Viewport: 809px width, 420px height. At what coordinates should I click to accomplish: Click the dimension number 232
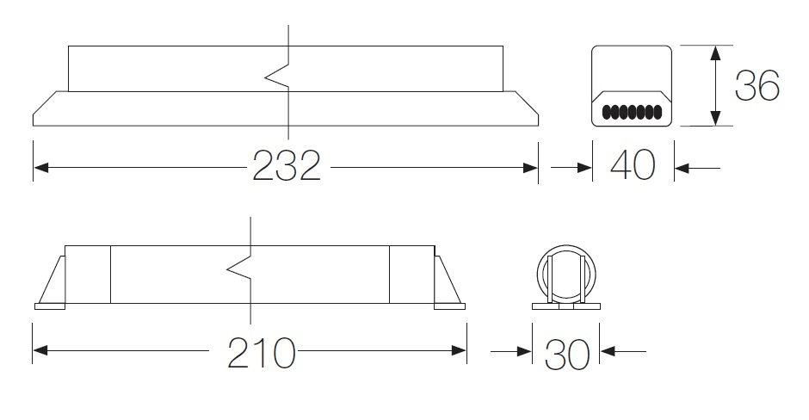[287, 165]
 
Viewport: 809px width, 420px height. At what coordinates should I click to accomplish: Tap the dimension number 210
[262, 353]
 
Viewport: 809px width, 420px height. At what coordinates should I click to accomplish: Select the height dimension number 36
[757, 86]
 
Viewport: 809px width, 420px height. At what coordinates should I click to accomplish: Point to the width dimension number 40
[633, 165]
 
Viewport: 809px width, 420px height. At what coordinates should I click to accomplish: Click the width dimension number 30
[567, 355]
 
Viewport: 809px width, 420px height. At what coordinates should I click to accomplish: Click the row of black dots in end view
[632, 111]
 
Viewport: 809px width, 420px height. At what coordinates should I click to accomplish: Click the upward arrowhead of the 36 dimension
[715, 53]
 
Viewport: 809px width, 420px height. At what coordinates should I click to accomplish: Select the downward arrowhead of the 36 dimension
[715, 117]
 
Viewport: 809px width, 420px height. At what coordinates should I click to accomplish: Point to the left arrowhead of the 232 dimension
[41, 168]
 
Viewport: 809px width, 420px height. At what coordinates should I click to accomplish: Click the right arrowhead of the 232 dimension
[530, 168]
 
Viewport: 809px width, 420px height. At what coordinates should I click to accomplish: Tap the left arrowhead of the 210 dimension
[40, 351]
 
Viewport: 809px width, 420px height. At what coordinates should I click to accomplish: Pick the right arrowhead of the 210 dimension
[459, 351]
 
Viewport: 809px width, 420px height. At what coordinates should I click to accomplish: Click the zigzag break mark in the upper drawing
[277, 78]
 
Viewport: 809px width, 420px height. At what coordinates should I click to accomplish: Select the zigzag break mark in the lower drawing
[239, 269]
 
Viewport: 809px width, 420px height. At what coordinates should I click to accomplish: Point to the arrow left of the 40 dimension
[571, 168]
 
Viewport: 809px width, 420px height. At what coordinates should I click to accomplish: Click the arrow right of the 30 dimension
[623, 352]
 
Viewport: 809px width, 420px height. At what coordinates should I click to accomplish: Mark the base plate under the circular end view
[566, 306]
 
